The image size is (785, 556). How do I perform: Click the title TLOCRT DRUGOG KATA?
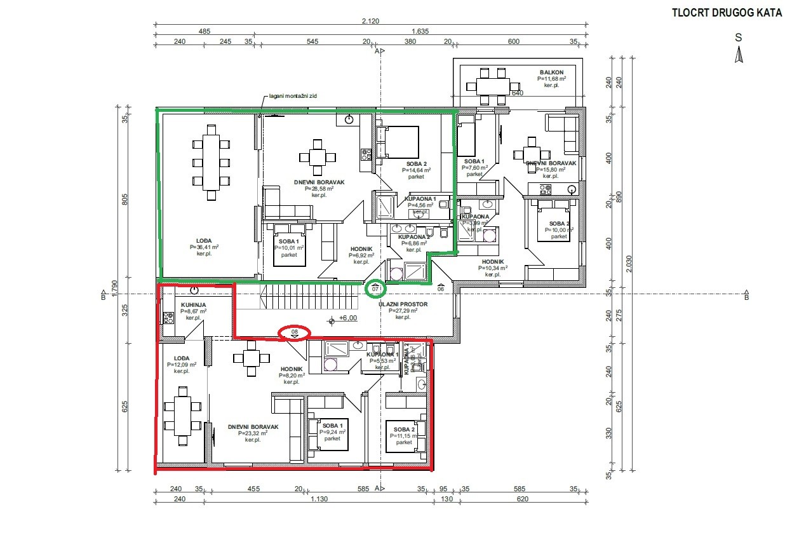pos(726,12)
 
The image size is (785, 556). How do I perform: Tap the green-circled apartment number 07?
pos(375,288)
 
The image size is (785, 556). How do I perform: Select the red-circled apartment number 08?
pos(295,332)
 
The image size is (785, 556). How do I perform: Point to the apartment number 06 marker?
pos(440,288)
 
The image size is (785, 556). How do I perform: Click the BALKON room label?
pos(551,72)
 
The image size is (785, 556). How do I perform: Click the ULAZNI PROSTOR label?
pos(403,304)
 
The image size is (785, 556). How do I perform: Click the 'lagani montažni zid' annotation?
pos(292,96)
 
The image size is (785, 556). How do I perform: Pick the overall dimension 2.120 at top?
pos(370,21)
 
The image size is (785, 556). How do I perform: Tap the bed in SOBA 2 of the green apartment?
pos(399,142)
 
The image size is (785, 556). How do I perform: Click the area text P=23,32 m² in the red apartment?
pos(253,433)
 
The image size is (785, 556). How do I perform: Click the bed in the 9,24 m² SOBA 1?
pos(328,434)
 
